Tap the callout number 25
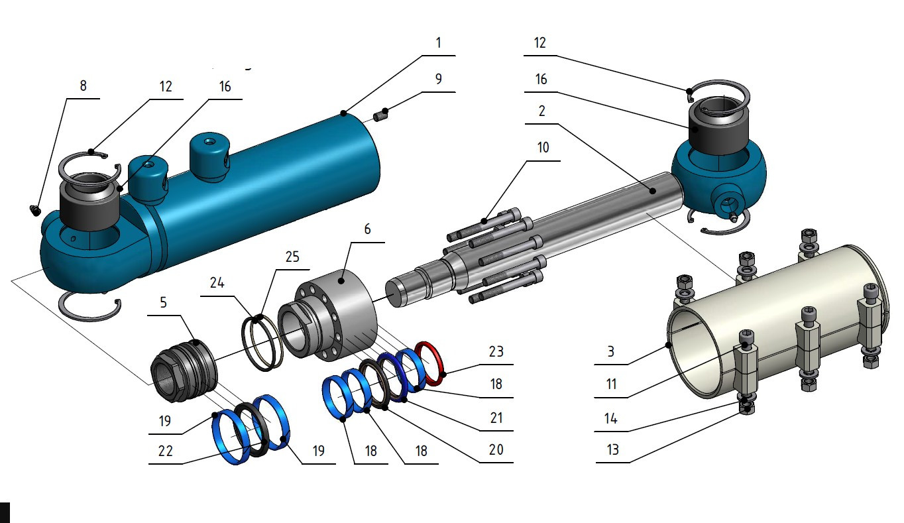pos(293,257)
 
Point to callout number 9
pos(438,78)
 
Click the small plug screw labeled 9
pos(381,117)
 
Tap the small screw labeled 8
pos(35,210)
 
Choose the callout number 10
pos(543,148)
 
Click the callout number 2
pos(541,112)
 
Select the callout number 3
pos(611,351)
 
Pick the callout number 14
pos(611,418)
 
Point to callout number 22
pos(165,451)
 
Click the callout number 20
pos(496,449)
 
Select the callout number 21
pos(496,418)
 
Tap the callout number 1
pos(438,43)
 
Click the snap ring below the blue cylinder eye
pos(90,310)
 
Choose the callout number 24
pos(217,284)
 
